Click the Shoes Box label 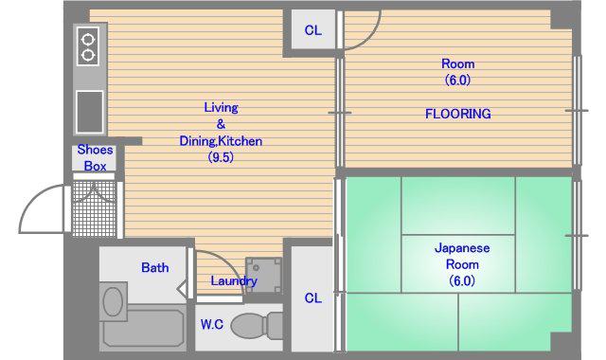pyautogui.click(x=95, y=158)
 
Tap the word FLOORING pyautogui.click(x=458, y=114)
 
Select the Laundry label pyautogui.click(x=234, y=281)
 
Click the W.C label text pyautogui.click(x=212, y=324)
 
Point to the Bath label pyautogui.click(x=155, y=267)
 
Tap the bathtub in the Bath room pyautogui.click(x=143, y=326)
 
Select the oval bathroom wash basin pyautogui.click(x=113, y=301)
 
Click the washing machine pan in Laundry pyautogui.click(x=263, y=276)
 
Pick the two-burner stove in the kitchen pyautogui.click(x=88, y=46)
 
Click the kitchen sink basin pyautogui.click(x=90, y=112)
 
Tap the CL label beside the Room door pyautogui.click(x=312, y=30)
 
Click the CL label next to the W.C pyautogui.click(x=312, y=298)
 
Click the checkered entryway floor pyautogui.click(x=95, y=208)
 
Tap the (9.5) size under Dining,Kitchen pyautogui.click(x=221, y=157)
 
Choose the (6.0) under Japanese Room pyautogui.click(x=462, y=280)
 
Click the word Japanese pyautogui.click(x=462, y=248)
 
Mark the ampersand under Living pyautogui.click(x=221, y=124)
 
